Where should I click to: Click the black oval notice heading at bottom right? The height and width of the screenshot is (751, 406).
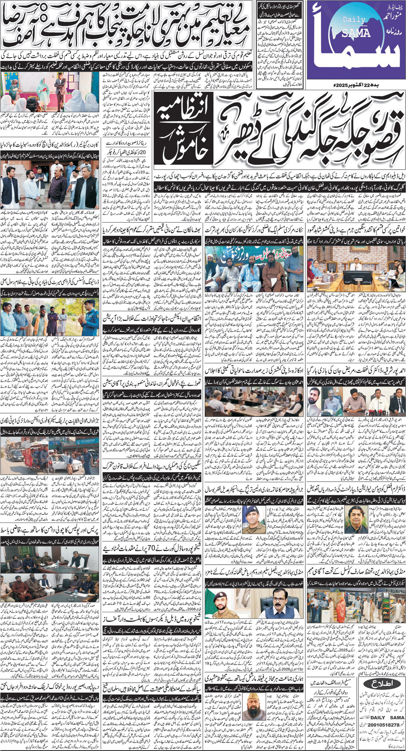coord(379,683)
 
